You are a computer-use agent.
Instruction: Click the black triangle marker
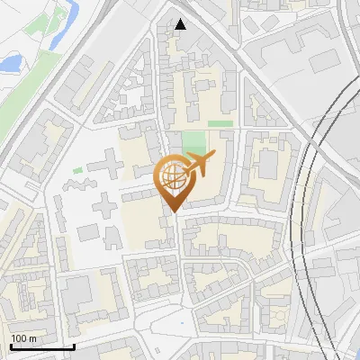tap(181, 23)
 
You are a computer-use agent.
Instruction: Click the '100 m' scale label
tap(23, 337)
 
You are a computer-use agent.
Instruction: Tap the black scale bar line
tap(41, 346)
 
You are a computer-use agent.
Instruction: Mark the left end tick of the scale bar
tap(10, 345)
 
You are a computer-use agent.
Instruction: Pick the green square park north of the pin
tap(193, 142)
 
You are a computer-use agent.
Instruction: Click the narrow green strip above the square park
tap(219, 123)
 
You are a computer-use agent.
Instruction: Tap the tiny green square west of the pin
tap(78, 169)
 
